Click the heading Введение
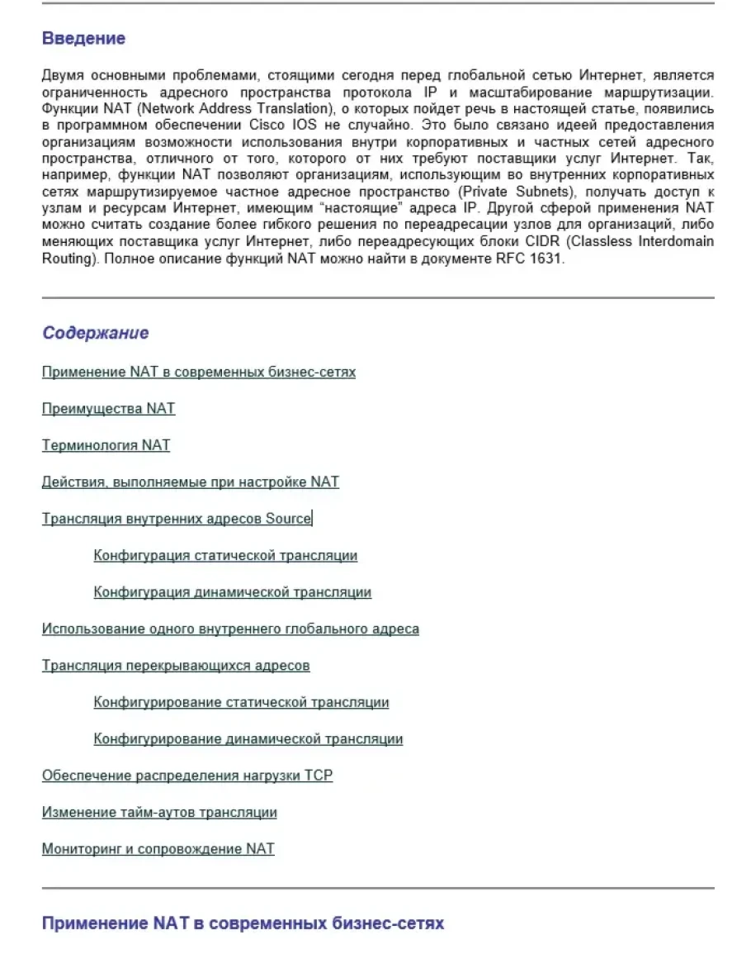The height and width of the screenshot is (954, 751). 83,39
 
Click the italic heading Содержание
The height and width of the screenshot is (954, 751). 95,333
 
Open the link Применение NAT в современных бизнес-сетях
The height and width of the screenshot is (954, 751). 198,372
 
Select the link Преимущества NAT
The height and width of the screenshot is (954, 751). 108,409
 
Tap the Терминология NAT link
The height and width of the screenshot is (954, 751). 106,445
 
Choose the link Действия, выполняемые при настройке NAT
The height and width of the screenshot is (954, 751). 190,482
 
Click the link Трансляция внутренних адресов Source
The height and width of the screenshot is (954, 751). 177,519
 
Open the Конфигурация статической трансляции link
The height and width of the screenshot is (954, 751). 225,555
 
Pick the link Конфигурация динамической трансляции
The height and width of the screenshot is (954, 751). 232,592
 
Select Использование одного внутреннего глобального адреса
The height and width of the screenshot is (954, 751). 230,629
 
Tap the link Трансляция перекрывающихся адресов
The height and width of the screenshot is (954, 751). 176,666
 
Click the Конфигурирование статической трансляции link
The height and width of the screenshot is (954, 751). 241,702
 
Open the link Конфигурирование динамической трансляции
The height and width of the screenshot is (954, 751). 248,738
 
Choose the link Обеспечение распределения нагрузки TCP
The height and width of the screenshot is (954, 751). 187,776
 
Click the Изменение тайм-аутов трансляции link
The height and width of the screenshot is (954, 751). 159,812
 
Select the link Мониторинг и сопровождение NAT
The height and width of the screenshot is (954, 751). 158,848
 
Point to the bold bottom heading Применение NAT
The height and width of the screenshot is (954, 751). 242,923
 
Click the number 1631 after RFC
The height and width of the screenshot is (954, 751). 544,259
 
